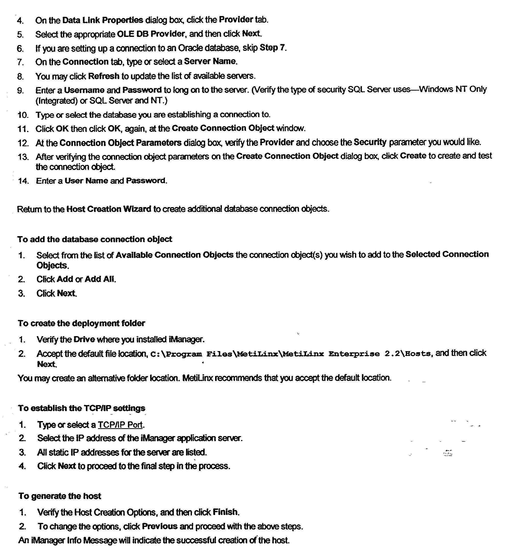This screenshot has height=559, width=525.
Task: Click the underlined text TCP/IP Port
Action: coord(120,425)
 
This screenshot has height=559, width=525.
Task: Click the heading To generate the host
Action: coord(60,496)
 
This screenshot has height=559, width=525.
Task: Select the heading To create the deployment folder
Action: coord(81,323)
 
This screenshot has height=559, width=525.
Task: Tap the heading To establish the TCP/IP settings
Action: coord(82,408)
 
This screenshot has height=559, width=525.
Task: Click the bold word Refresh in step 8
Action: coord(104,76)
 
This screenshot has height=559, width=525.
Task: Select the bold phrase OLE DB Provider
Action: coord(151,34)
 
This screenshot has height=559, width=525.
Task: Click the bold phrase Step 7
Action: coord(272,48)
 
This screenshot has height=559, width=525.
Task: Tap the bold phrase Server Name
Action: coord(210,61)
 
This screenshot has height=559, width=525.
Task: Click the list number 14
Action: coord(23,181)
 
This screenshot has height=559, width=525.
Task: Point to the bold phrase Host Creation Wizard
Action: coord(109,209)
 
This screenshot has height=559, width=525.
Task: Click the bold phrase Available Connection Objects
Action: coord(175,255)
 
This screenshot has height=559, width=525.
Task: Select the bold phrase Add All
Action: coord(100,279)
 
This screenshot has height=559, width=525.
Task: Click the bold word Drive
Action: coord(84,339)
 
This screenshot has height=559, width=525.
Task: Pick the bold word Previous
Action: coord(160,526)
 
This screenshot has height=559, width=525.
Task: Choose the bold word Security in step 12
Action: coord(370,142)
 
